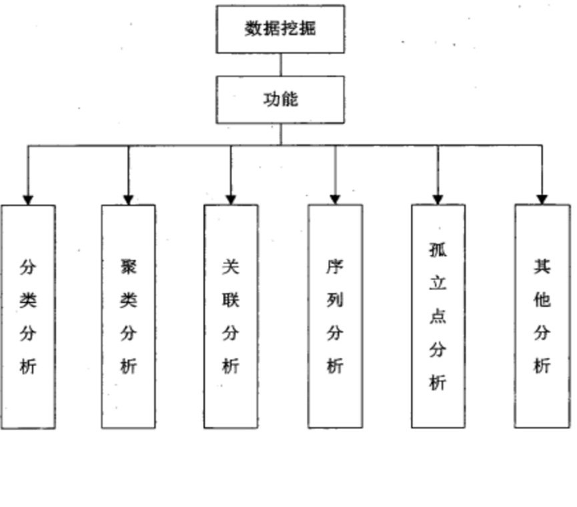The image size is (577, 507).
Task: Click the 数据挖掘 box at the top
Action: [x=280, y=29]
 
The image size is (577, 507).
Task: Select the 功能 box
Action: [x=280, y=99]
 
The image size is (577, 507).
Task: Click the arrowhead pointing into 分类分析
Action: [x=28, y=199]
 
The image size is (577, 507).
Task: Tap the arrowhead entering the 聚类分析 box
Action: [x=129, y=199]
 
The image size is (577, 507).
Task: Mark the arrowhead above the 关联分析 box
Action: [x=231, y=199]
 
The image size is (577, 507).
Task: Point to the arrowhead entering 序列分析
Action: [x=335, y=199]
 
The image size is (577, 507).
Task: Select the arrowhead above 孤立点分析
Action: [x=438, y=199]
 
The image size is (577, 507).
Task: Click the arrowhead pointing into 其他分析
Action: [x=542, y=199]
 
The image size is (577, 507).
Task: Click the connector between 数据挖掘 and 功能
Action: [x=280, y=64]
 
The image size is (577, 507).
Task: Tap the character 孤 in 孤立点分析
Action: [x=438, y=250]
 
